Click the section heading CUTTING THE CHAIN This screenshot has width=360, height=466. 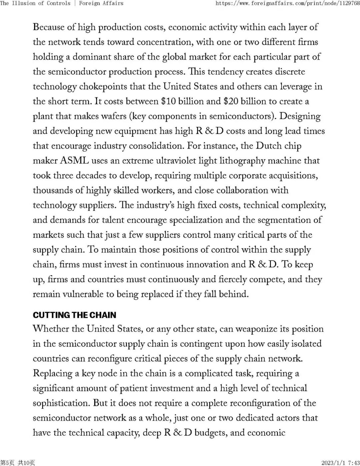pos(74,315)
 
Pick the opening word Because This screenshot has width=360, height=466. pos(49,27)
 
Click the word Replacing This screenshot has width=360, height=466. pos(53,374)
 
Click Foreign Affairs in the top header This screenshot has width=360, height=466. pos(101,3)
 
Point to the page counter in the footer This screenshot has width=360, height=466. pos(17,463)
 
